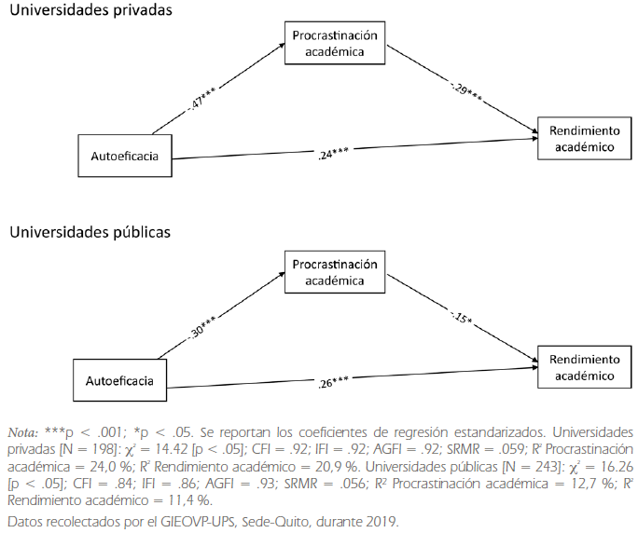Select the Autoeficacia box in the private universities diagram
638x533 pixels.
pyautogui.click(x=124, y=156)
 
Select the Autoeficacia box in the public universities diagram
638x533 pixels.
pyautogui.click(x=119, y=380)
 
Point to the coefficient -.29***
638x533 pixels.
pyautogui.click(x=463, y=89)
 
